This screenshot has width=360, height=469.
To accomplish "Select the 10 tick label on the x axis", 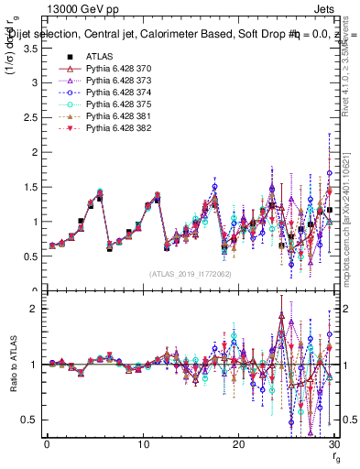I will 142,444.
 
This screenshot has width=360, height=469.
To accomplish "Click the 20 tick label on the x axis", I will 238,444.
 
